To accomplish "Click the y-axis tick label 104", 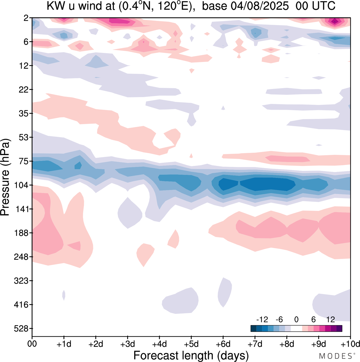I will coord(21,185).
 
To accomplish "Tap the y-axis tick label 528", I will coord(21,329).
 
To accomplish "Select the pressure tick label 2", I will coord(26,18).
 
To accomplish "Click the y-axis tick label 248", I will coord(21,257).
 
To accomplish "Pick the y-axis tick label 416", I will coord(21,305).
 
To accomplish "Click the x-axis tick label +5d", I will coord(191,344).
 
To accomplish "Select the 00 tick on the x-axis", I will coord(32,344).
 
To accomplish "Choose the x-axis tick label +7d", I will coord(255,344).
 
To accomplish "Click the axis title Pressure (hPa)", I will coord(5,177).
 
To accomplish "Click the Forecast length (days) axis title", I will coord(191,355).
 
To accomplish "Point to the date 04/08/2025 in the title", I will coord(260,6).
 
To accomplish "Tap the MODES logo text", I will coord(336,356).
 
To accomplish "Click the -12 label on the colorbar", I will coord(262,319).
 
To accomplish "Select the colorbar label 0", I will coord(296,319).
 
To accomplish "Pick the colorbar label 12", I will coord(330,319).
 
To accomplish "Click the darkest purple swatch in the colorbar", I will coord(339,328).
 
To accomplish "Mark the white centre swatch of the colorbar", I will coord(296,328).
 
